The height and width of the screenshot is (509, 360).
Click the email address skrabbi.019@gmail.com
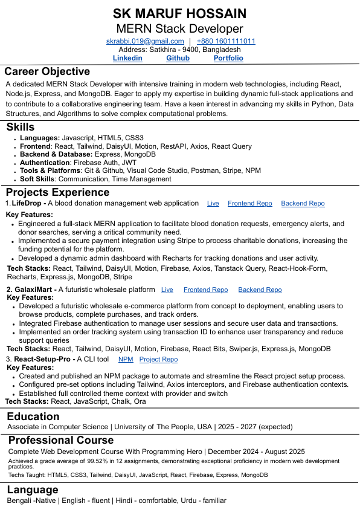(145, 41)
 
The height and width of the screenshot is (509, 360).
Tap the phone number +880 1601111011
(226, 41)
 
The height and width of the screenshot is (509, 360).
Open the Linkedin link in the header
(127, 58)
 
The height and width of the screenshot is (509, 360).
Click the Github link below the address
(178, 58)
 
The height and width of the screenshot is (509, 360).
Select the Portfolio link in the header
(228, 58)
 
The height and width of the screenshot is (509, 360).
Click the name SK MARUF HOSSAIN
(179, 14)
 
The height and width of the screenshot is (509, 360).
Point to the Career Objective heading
(47, 71)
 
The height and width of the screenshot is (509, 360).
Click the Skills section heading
(21, 127)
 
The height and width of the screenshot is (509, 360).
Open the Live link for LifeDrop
(213, 204)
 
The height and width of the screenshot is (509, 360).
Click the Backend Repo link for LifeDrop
(303, 204)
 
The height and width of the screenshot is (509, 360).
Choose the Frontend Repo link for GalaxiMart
(205, 290)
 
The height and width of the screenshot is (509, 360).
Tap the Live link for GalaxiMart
(167, 290)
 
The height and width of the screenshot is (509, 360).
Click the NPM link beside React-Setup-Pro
(126, 359)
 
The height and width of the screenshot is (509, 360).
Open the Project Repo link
(158, 359)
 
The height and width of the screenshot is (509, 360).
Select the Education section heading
(33, 417)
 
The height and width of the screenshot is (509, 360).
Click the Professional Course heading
(61, 440)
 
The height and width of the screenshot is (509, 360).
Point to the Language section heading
(33, 490)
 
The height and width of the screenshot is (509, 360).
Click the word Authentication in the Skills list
(45, 163)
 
